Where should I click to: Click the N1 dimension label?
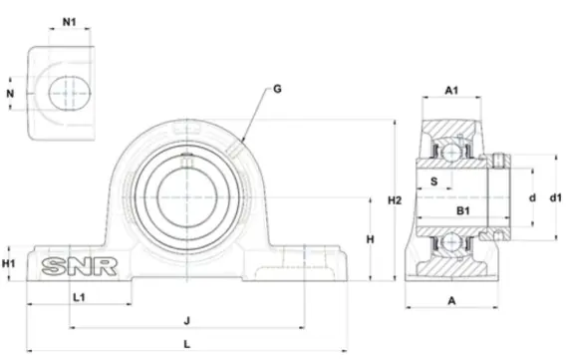[x=70, y=22]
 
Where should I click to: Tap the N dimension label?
[x=10, y=94]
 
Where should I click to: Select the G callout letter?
[x=277, y=89]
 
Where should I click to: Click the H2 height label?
[x=395, y=200]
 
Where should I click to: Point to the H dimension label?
[x=371, y=239]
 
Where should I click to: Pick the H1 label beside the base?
[x=9, y=263]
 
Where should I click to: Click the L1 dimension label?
[x=79, y=297]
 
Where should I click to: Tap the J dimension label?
[x=187, y=320]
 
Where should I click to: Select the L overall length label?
[x=187, y=344]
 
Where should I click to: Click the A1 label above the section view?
[x=451, y=90]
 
